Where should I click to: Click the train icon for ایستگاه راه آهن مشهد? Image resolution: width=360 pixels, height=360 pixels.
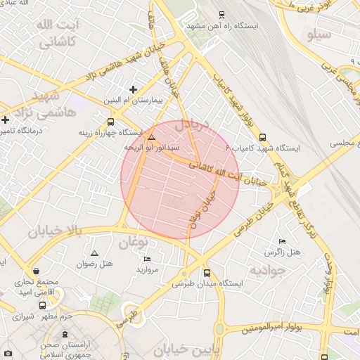[x=222, y=14]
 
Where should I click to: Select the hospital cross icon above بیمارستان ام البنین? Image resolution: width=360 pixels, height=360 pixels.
[x=133, y=89]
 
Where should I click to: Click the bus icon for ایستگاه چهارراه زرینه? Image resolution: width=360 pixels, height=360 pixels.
[x=110, y=121]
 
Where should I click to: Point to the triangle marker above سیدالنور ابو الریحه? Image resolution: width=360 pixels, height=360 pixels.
[x=151, y=136]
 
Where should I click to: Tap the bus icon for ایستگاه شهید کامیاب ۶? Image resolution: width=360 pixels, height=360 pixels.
[x=263, y=137]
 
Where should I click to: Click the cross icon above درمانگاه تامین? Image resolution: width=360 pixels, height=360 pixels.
[x=6, y=120]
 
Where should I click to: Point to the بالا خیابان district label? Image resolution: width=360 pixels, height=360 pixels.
[x=56, y=231]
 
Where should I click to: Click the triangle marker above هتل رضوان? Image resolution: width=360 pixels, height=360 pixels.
[x=95, y=252]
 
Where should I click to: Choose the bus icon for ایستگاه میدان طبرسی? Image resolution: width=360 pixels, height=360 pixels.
[x=207, y=273]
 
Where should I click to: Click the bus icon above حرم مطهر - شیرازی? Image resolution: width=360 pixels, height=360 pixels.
[x=44, y=305]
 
